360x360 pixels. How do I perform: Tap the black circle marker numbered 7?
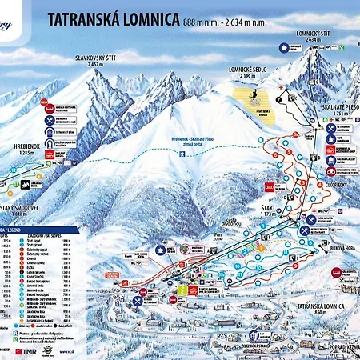(279, 100)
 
